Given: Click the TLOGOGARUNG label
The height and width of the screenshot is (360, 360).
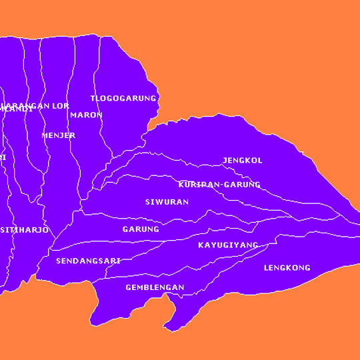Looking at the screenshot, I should click(x=123, y=99).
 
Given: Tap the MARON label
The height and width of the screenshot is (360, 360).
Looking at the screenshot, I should click(x=86, y=115).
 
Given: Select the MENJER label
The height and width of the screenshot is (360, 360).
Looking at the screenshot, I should click(x=58, y=135).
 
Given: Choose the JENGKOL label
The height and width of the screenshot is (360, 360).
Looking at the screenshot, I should click(x=242, y=161).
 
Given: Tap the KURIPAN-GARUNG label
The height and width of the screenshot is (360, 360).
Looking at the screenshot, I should click(x=219, y=184).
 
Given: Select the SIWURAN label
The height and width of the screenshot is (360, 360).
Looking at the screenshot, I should click(x=167, y=201).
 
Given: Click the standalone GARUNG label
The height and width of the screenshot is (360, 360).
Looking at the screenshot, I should click(x=141, y=229).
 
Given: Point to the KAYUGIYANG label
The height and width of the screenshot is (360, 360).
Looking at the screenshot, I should click(x=228, y=245).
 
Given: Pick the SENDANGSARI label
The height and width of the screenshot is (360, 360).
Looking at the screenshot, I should click(x=88, y=261).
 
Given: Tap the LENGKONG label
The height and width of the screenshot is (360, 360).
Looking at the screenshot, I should click(x=287, y=268).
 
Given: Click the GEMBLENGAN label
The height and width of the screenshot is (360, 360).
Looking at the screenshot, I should click(x=155, y=288).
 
